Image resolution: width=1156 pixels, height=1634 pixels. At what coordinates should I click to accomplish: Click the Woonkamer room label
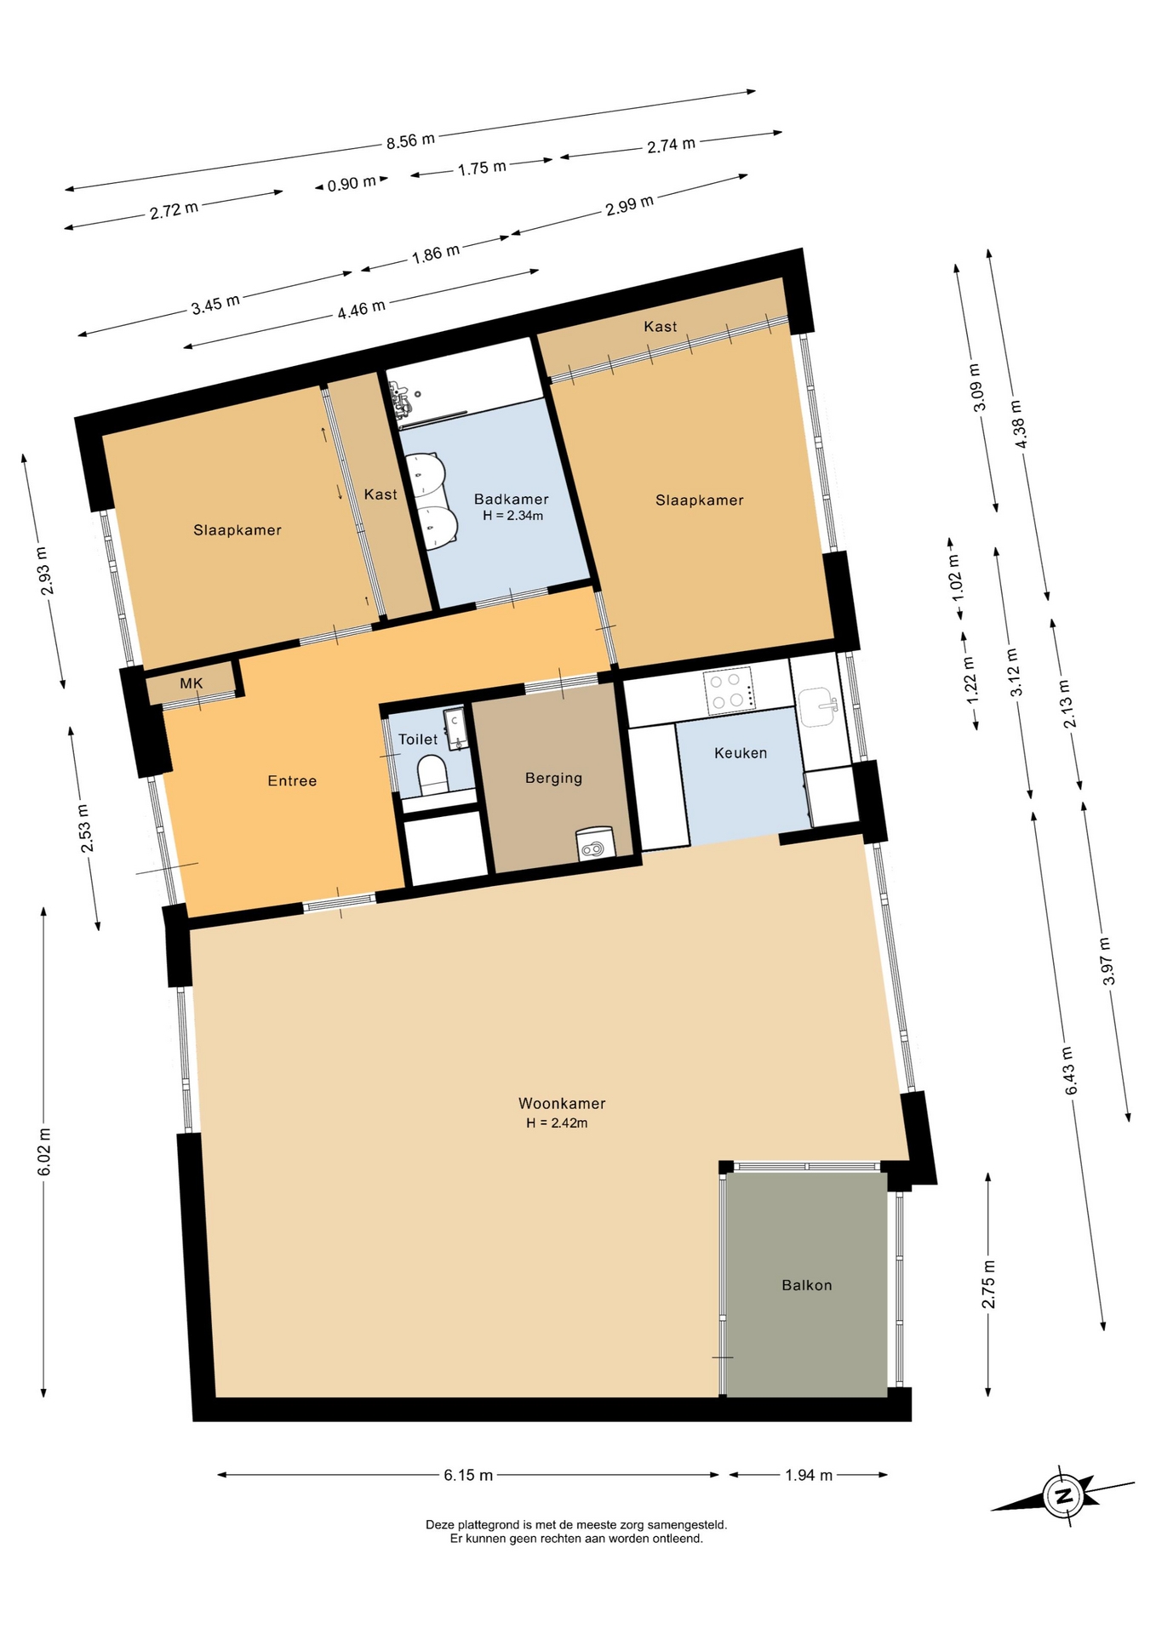click(562, 1104)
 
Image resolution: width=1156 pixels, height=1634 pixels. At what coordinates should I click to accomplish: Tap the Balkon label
click(807, 1285)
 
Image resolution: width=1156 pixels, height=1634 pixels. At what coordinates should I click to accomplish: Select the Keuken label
click(741, 753)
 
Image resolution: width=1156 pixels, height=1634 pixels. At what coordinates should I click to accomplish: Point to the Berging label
click(553, 778)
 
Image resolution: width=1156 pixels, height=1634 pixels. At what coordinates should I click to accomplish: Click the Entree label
click(292, 780)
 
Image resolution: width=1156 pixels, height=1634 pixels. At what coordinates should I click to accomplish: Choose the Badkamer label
click(511, 500)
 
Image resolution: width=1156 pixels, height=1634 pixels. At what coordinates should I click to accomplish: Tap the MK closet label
click(192, 683)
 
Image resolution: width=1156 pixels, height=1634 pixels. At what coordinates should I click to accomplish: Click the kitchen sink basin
click(817, 706)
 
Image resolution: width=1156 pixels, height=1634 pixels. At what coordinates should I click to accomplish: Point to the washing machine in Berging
click(595, 843)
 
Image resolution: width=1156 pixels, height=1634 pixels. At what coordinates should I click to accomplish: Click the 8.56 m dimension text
click(410, 140)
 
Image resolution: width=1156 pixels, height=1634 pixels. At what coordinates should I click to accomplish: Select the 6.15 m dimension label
click(468, 1475)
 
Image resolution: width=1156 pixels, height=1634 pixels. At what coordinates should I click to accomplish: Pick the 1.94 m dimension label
click(809, 1475)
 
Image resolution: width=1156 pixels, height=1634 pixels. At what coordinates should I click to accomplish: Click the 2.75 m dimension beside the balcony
click(988, 1284)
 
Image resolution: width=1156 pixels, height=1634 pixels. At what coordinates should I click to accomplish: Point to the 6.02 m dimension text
click(44, 1152)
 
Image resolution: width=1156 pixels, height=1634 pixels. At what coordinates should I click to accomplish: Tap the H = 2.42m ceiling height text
click(557, 1123)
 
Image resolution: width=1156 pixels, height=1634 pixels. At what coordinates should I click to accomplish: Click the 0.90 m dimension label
click(352, 183)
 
